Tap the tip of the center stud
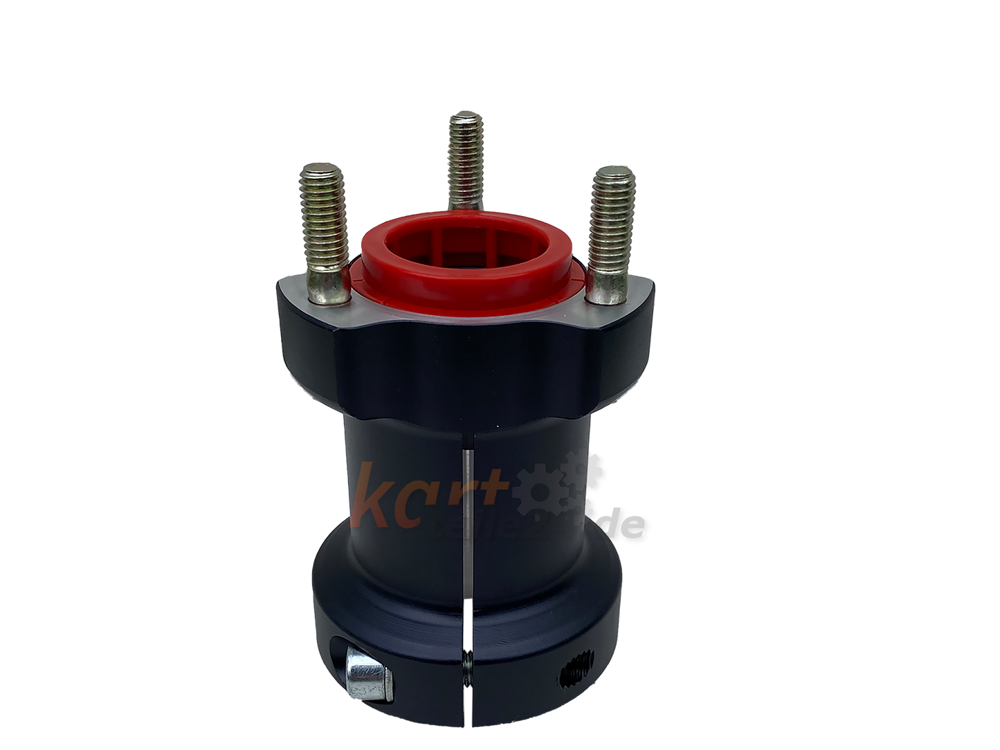click(464, 120)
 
